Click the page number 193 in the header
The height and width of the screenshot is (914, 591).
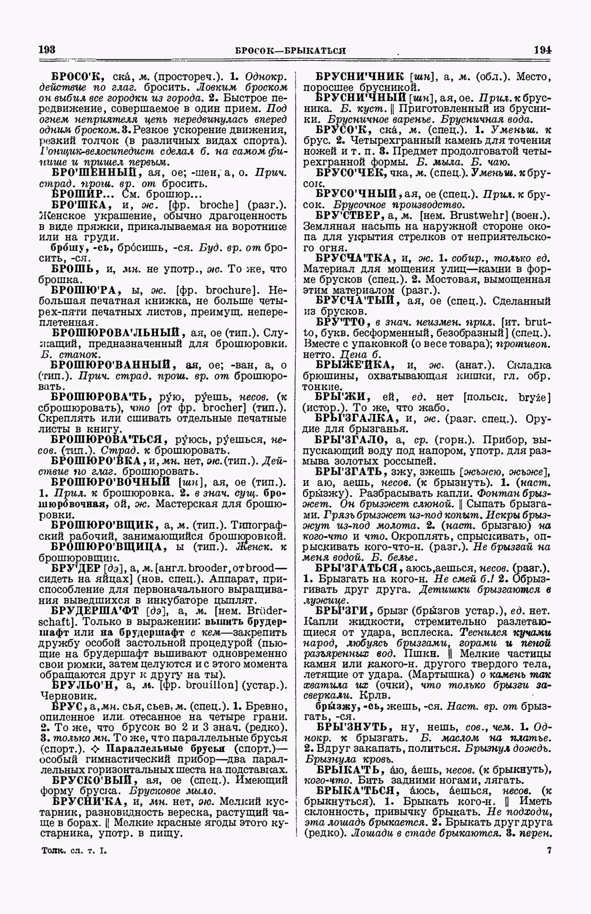47,50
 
